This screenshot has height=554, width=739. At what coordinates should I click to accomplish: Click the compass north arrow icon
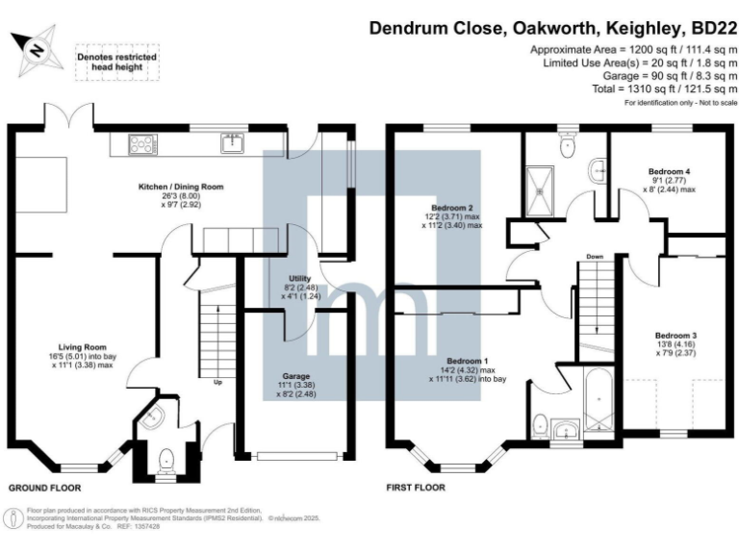coord(36,48)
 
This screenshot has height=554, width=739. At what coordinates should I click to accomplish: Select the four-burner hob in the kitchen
coord(141,144)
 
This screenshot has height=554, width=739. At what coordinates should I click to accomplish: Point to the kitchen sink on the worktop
coord(231,144)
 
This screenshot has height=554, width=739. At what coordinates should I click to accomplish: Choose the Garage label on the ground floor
coord(294,382)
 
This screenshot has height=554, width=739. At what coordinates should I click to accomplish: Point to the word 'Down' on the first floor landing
coord(594,258)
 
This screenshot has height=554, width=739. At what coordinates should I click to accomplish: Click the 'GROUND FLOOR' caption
coord(45,489)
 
